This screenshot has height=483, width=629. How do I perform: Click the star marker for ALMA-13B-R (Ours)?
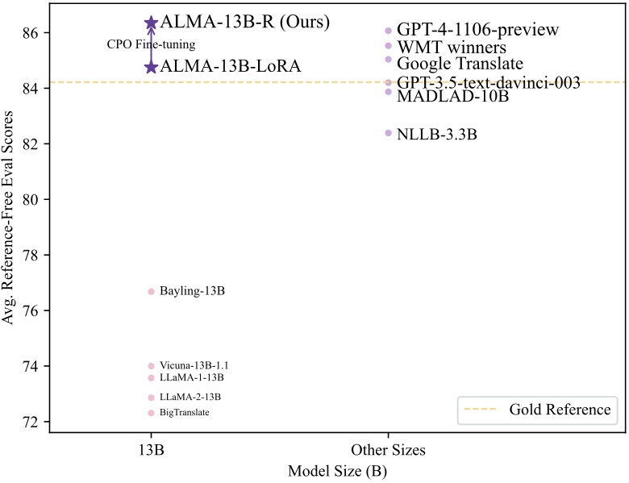point(151,23)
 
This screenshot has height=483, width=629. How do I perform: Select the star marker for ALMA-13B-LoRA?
point(151,67)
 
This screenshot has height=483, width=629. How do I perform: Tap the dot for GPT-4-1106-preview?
point(388,31)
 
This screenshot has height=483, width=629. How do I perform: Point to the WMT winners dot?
point(388,45)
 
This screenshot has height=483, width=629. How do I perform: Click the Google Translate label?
point(460,63)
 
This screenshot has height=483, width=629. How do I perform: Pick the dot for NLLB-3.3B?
point(388,133)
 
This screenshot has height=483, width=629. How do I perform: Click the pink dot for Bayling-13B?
point(151,291)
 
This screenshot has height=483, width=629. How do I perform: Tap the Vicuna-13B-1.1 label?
point(194,366)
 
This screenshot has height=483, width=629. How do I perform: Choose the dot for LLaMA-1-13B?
point(151,378)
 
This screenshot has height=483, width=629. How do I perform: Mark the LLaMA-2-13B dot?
point(151,398)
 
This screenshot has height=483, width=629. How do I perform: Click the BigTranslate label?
point(185,413)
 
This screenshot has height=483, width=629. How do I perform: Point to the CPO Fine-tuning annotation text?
point(151,44)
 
